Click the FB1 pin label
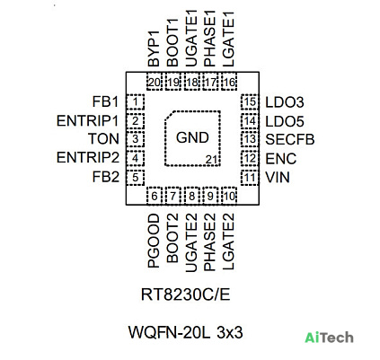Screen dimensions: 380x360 105,101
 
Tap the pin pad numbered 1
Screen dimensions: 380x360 135,102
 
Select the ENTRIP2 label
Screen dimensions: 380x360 88,157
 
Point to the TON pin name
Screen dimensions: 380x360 103,139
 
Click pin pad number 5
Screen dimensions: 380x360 135,178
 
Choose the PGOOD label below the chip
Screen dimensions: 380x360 154,241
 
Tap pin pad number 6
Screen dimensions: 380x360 155,196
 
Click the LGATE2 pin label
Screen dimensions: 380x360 228,241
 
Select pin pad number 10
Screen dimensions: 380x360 229,196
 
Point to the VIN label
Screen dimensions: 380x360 278,178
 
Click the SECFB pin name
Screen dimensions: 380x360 290,139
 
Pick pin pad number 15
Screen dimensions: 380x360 250,102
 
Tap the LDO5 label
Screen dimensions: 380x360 285,121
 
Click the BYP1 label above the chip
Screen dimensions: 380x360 154,48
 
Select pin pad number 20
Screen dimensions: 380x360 155,82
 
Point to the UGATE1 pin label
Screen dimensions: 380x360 191,39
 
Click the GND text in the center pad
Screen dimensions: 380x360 192,137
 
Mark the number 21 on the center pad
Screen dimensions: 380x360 211,160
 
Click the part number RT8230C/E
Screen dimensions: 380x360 186,294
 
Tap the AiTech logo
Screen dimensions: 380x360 329,338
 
